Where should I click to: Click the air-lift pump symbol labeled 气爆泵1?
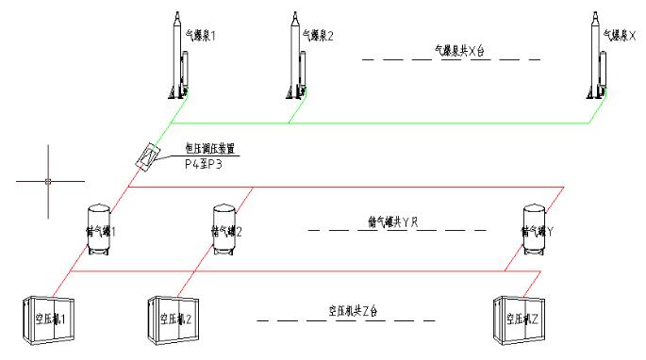click(x=175, y=57)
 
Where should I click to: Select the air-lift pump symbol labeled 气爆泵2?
click(x=296, y=57)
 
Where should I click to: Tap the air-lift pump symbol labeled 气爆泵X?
click(x=596, y=57)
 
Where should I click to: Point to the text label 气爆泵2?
click(x=318, y=36)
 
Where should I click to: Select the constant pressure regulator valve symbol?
click(x=145, y=155)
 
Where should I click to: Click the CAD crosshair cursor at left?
click(x=44, y=179)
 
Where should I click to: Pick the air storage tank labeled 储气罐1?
click(x=99, y=229)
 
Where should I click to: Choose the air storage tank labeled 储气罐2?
click(x=224, y=229)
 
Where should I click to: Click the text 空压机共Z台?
click(x=353, y=310)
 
